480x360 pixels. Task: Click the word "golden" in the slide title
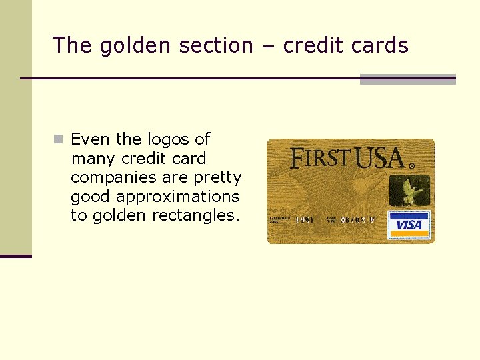click(128, 45)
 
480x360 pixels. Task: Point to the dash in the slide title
click(268, 45)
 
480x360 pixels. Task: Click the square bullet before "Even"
click(59, 139)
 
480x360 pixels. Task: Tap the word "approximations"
click(177, 197)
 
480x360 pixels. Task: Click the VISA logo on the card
click(409, 225)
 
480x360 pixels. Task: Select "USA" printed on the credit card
click(379, 159)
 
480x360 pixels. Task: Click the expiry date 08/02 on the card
click(355, 219)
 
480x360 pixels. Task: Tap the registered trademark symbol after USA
click(411, 165)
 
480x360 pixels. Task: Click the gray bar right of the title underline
click(407, 79)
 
